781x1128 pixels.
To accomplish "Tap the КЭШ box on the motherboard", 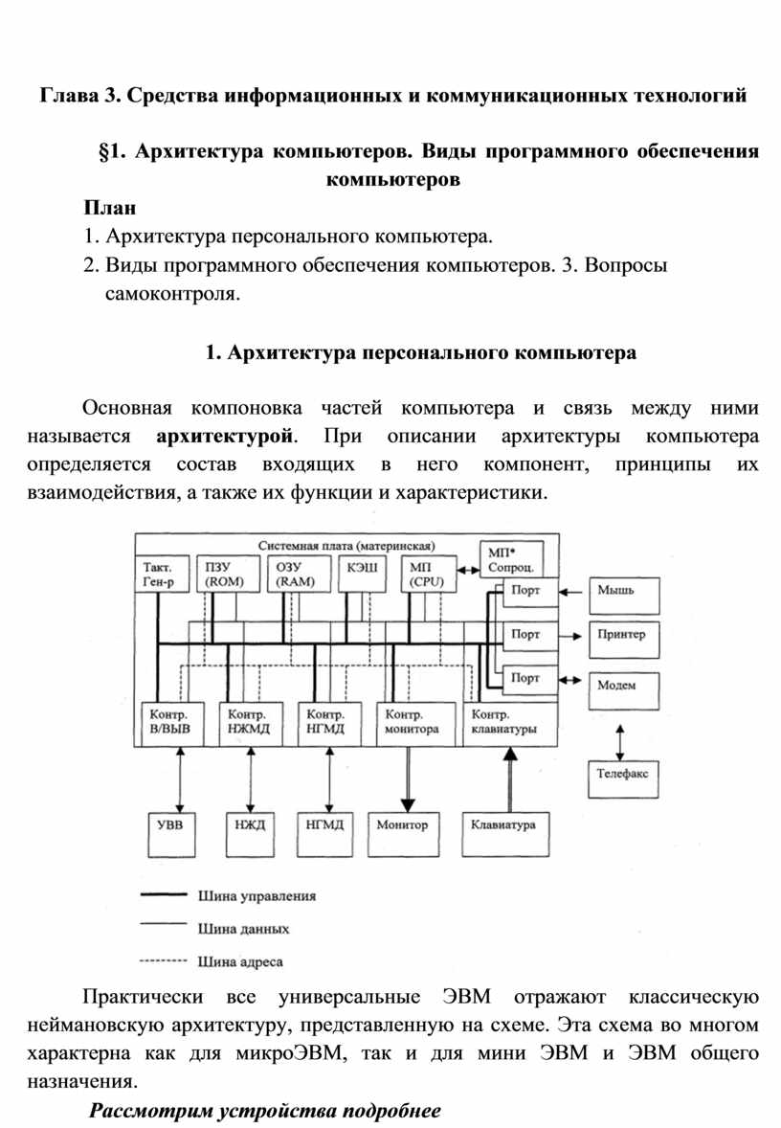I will tap(359, 571).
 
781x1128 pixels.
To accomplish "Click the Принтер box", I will tap(623, 635).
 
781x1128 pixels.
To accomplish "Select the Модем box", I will tap(623, 685).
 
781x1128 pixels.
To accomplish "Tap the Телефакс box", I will tap(623, 774).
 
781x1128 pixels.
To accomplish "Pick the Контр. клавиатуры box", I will tap(508, 722).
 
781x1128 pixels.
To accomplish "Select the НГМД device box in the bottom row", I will tap(325, 824).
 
